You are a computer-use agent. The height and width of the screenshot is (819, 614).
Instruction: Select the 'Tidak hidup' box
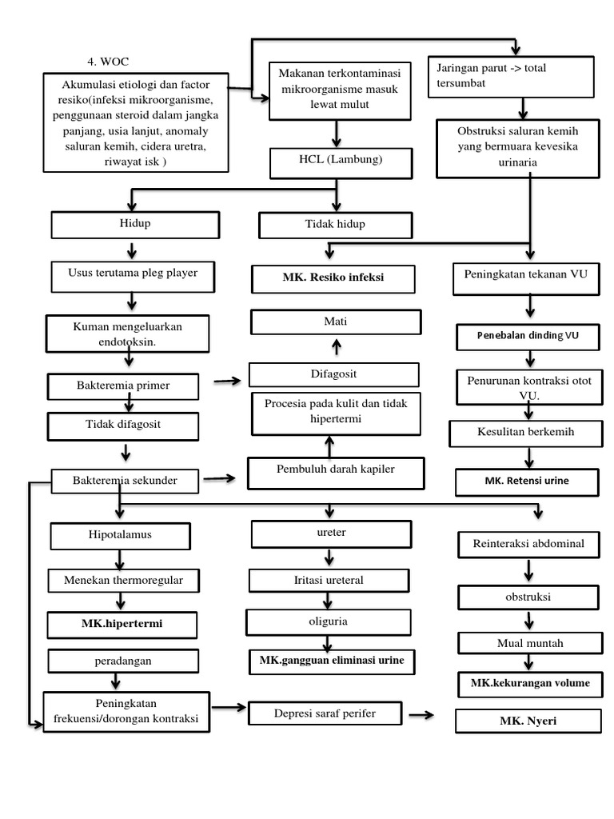(336, 225)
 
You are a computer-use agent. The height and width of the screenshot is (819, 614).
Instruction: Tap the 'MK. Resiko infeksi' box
(333, 279)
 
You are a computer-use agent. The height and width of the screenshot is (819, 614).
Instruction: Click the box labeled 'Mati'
(336, 322)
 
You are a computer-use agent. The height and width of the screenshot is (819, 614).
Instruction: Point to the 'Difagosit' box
(333, 374)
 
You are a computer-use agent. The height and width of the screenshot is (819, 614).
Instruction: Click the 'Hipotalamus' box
(120, 535)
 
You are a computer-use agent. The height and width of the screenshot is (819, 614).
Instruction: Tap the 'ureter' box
(332, 533)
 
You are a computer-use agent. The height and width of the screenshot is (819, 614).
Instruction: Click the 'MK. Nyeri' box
(528, 721)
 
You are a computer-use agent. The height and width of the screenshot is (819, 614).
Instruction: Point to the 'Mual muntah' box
(528, 643)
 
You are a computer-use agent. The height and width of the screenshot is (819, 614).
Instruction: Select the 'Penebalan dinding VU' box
(528, 337)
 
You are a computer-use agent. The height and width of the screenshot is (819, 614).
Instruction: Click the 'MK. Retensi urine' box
(528, 482)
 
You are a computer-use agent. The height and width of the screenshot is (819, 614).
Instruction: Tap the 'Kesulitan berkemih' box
(528, 433)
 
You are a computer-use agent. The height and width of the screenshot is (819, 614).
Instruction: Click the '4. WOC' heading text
(108, 62)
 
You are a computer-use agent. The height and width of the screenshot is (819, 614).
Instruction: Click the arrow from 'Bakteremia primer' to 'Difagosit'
(227, 382)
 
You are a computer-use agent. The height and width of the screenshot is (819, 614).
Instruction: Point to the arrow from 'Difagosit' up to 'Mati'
(337, 346)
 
